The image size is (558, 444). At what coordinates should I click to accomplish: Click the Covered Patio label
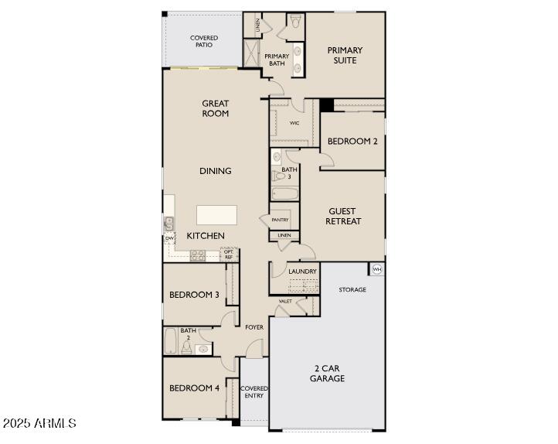pyautogui.click(x=204, y=41)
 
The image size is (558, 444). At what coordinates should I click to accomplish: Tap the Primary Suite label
pyautogui.click(x=345, y=55)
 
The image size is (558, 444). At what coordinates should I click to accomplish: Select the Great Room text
pyautogui.click(x=216, y=108)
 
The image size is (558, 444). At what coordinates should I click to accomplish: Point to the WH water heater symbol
pyautogui.click(x=377, y=269)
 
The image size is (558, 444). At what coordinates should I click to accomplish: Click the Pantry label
pyautogui.click(x=280, y=220)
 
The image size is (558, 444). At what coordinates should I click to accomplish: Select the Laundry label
pyautogui.click(x=302, y=272)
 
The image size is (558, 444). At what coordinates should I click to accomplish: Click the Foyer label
pyautogui.click(x=254, y=327)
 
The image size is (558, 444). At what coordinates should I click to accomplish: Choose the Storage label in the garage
pyautogui.click(x=352, y=289)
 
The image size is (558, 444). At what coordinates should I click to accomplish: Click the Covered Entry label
pyautogui.click(x=253, y=391)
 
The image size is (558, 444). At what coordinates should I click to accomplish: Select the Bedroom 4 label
pyautogui.click(x=194, y=388)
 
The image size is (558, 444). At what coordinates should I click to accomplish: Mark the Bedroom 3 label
pyautogui.click(x=194, y=295)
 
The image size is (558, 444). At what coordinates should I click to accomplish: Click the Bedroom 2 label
pyautogui.click(x=352, y=142)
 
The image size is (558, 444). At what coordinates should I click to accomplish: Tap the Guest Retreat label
pyautogui.click(x=344, y=216)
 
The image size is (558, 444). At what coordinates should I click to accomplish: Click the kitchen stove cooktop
pyautogui.click(x=198, y=254)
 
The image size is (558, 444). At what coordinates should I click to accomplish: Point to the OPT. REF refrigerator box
pyautogui.click(x=229, y=254)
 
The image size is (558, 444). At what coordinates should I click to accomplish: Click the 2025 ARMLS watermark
pyautogui.click(x=39, y=423)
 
